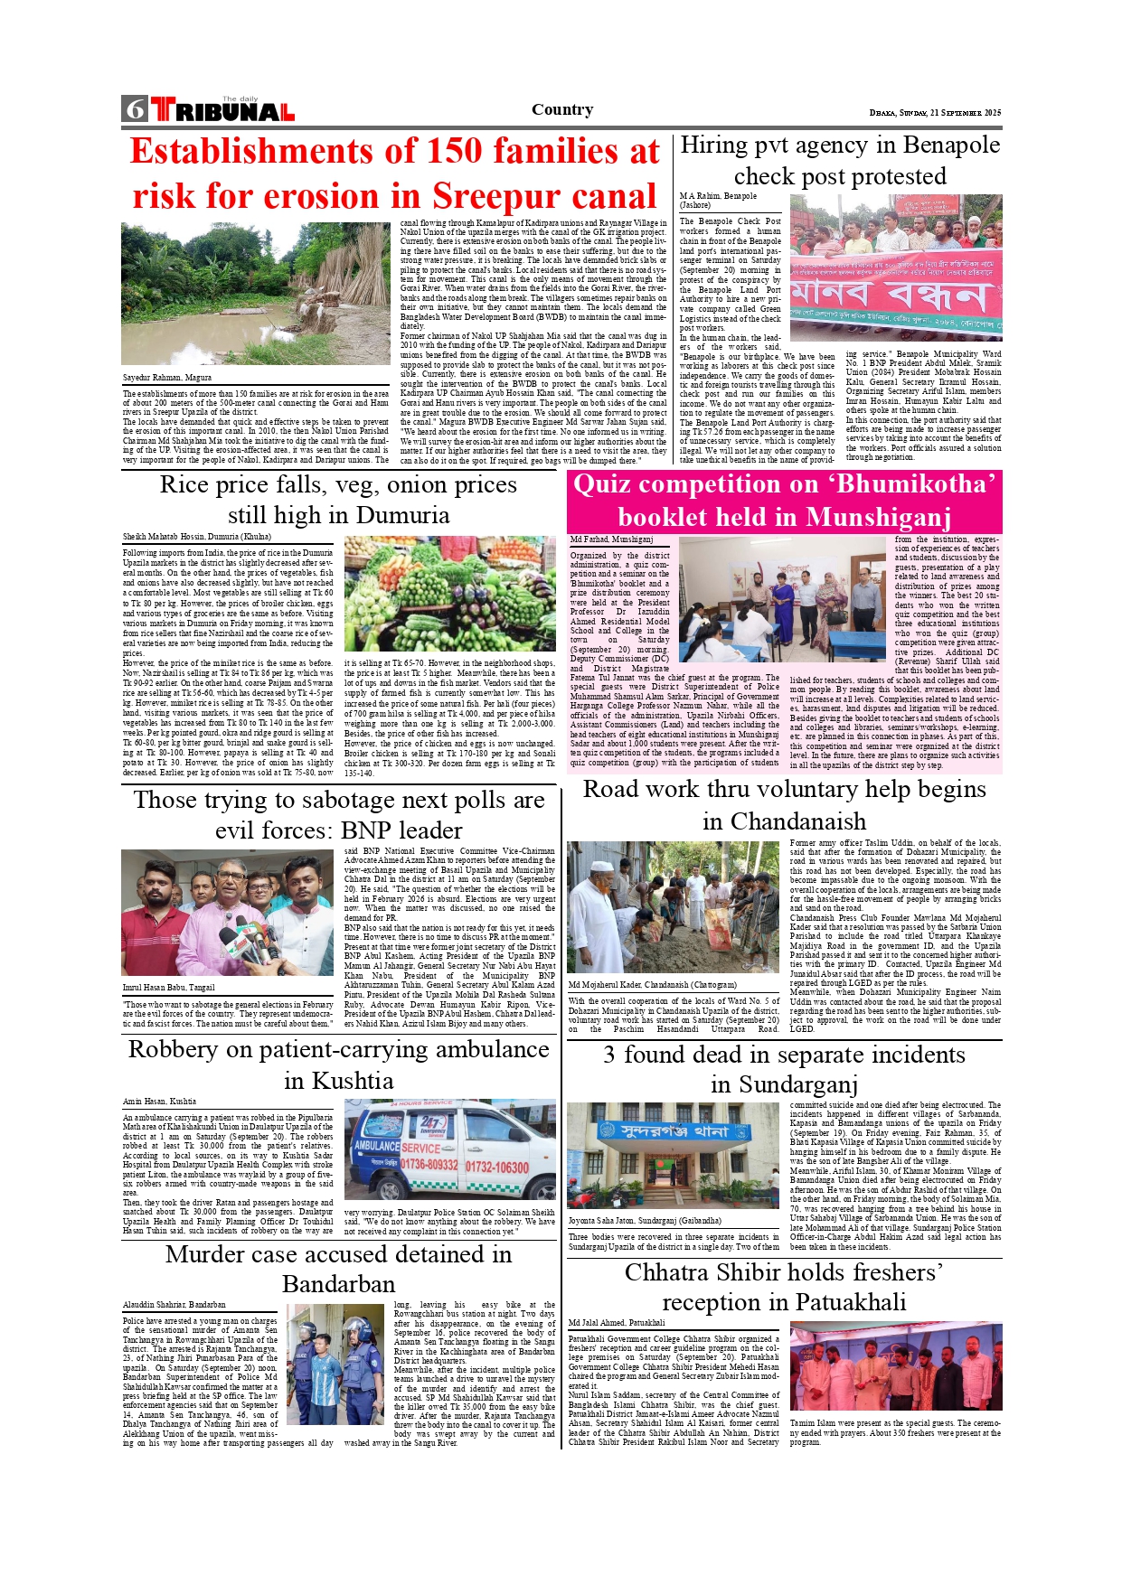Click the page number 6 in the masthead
coord(135,109)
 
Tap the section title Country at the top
coord(561,109)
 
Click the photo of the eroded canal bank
coord(257,294)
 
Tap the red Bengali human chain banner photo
coord(895,268)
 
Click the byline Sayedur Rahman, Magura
coord(167,378)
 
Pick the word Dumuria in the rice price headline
coord(391,515)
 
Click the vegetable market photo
coord(449,593)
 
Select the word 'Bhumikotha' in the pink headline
coord(914,484)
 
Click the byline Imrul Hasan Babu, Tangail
coord(169,988)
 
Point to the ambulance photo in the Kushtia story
coord(449,1149)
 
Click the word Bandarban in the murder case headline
coord(338,1284)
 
